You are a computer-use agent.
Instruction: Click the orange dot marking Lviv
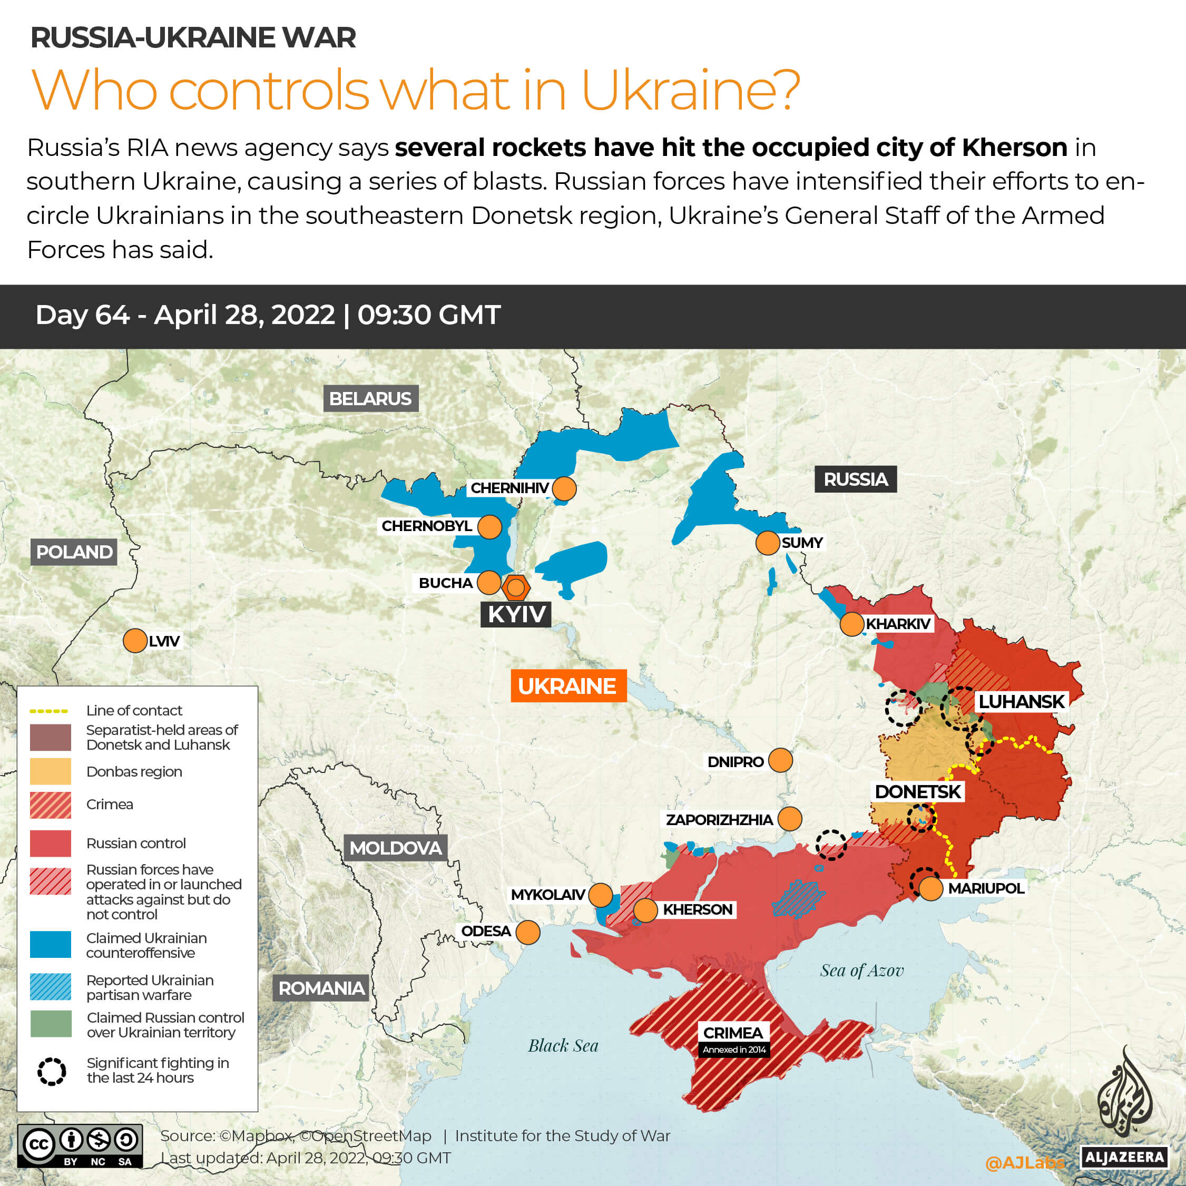tap(135, 641)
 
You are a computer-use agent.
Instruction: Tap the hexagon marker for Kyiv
tap(516, 588)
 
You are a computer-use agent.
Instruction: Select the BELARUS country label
tap(370, 399)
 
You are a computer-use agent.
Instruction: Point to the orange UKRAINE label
tap(568, 685)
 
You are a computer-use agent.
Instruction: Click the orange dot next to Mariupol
tap(930, 889)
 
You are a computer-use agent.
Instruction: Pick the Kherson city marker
tap(645, 910)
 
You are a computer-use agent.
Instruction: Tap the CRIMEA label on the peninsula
tap(733, 1033)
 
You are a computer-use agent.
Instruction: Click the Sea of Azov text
tap(861, 971)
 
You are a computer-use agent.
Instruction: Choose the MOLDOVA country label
tap(395, 848)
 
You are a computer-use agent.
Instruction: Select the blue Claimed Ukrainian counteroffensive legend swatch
tap(51, 945)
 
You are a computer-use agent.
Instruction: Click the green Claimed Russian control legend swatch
tap(51, 1024)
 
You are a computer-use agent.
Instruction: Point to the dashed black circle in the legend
tap(52, 1071)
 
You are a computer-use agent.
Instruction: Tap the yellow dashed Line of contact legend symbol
tap(48, 711)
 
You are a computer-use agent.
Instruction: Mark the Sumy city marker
tap(767, 543)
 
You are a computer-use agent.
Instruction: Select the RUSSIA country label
tap(855, 479)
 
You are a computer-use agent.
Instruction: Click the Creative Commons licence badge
tap(80, 1145)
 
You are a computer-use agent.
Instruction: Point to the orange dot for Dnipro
tap(780, 760)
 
